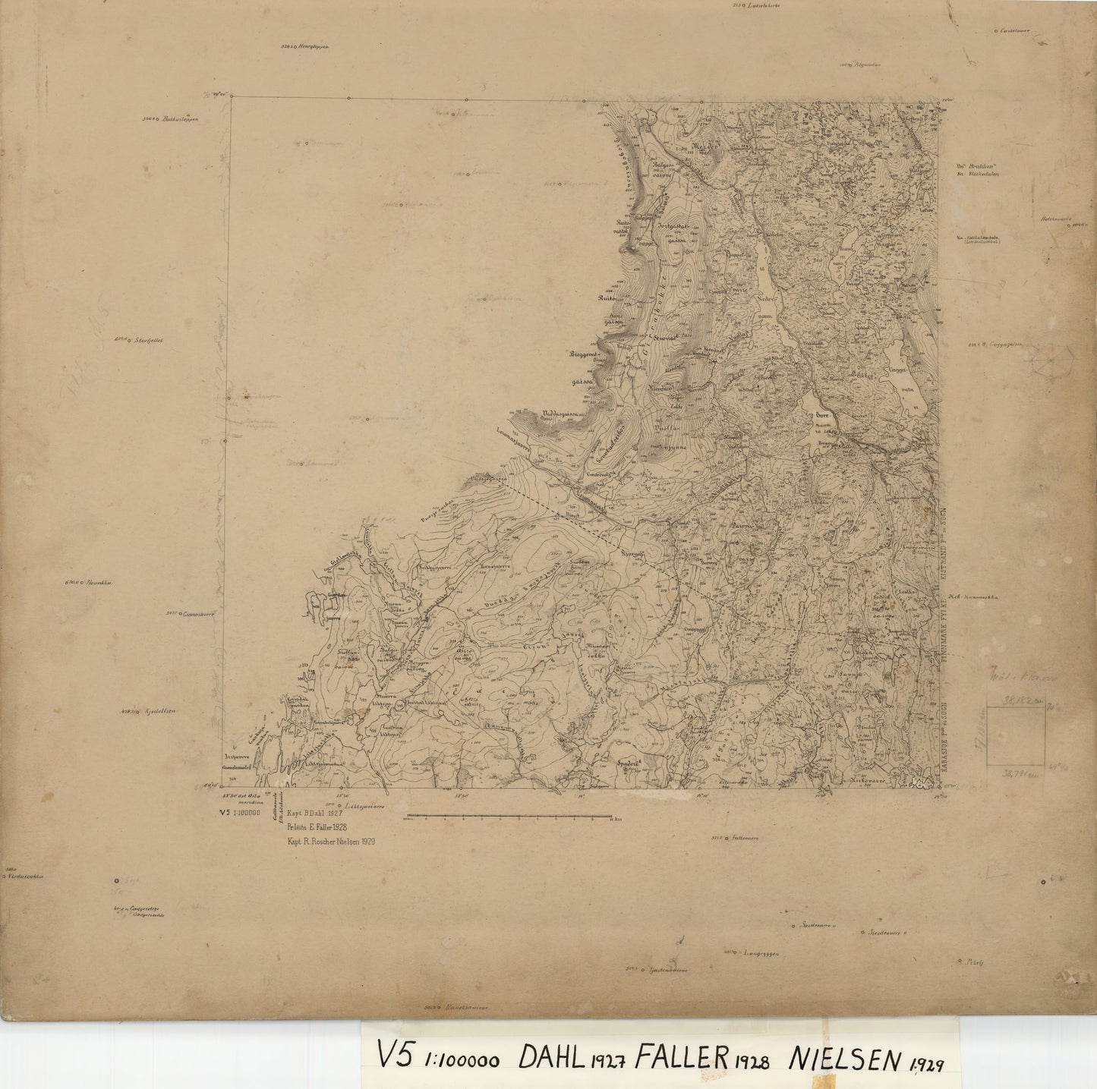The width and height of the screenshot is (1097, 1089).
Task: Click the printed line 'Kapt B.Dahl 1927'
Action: click(311, 813)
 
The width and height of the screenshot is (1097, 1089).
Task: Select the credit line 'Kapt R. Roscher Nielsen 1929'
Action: click(329, 842)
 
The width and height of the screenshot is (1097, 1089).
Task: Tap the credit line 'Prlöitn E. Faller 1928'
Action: click(315, 827)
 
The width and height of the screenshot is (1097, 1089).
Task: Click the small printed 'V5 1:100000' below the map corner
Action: click(238, 813)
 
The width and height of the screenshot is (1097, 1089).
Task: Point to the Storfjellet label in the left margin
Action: click(149, 340)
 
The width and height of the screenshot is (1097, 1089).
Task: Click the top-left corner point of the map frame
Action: click(231, 96)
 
